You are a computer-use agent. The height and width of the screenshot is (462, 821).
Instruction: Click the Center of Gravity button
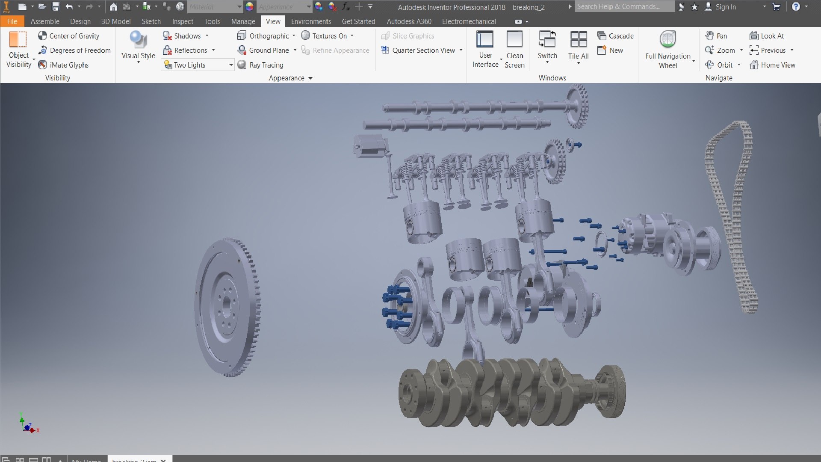(x=68, y=36)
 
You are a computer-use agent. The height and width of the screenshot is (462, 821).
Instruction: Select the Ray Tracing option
(x=260, y=65)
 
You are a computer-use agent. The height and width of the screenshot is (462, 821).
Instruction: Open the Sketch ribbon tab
(x=151, y=21)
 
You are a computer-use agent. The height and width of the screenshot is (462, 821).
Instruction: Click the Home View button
(x=772, y=65)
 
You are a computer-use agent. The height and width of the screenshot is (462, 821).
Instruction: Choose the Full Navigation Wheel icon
(x=667, y=40)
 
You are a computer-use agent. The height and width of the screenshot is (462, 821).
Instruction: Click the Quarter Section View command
(x=419, y=50)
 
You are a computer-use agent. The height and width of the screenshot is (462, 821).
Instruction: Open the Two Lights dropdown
(x=230, y=65)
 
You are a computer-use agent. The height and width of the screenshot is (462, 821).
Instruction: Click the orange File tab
(x=12, y=21)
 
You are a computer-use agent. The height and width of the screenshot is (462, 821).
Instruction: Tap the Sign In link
(x=725, y=7)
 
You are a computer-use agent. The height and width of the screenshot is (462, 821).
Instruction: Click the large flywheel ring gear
(x=227, y=307)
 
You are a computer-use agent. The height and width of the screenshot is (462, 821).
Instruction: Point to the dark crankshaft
(x=509, y=391)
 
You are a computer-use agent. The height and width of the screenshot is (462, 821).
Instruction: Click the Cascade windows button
(x=615, y=36)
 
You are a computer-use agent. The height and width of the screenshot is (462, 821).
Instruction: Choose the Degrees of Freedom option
(x=74, y=50)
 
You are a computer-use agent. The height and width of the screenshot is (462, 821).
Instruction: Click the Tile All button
(x=578, y=45)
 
